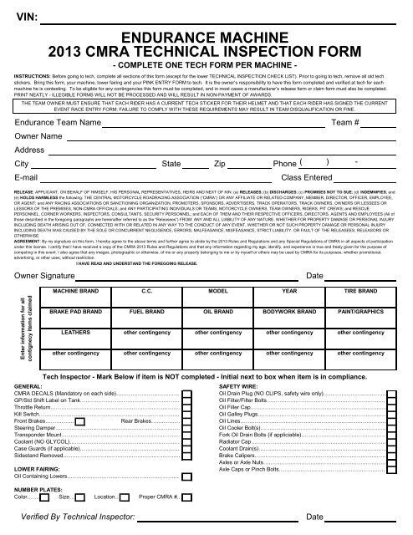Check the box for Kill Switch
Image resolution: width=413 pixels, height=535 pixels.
pyautogui.click(x=185, y=414)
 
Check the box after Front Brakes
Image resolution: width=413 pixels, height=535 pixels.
pyautogui.click(x=79, y=422)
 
